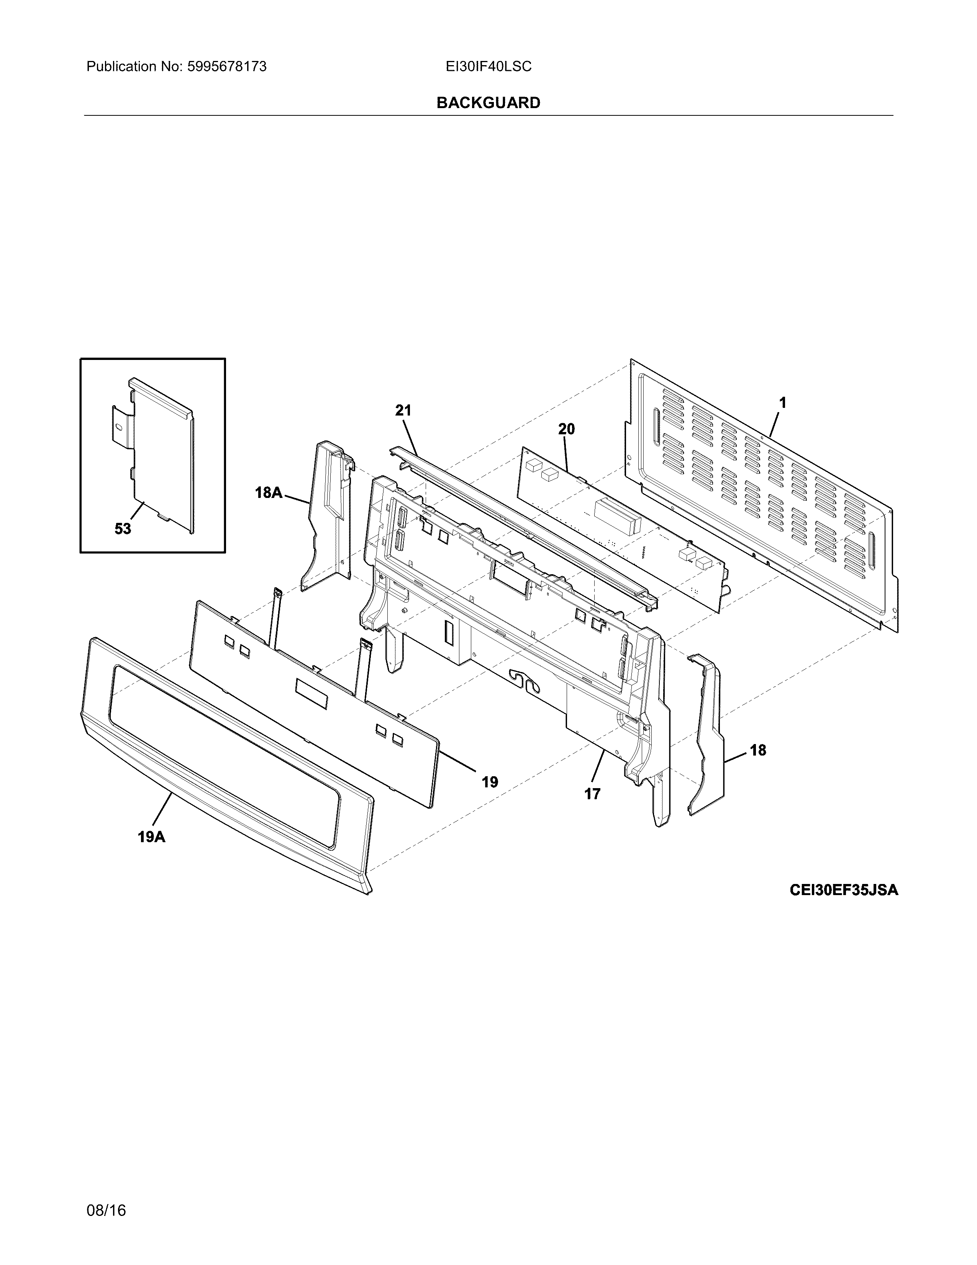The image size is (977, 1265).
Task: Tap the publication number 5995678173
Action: (226, 67)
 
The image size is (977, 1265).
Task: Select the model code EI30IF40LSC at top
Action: (488, 67)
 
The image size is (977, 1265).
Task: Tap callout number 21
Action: (403, 411)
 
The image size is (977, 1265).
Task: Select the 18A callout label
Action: (269, 493)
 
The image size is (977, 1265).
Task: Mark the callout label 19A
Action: (152, 836)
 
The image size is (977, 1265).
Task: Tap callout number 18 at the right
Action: (757, 750)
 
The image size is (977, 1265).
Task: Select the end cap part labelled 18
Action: (707, 736)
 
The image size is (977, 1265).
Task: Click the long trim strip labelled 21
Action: (521, 521)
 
